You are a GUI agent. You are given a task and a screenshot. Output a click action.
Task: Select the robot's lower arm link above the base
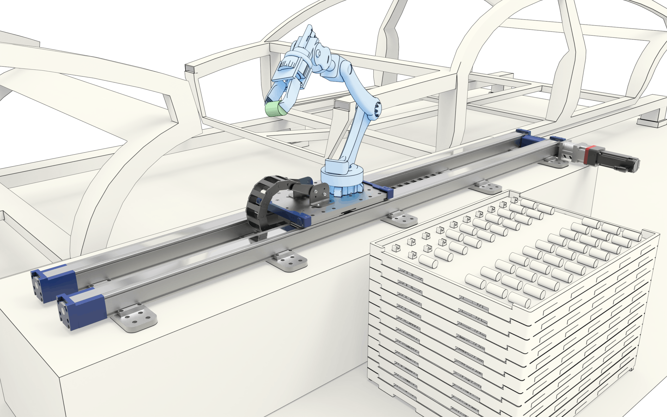coord(356,138)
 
